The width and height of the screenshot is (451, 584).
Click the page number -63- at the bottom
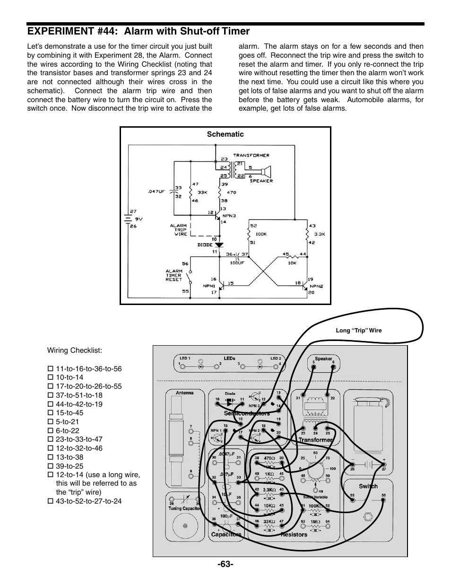[x=225, y=564]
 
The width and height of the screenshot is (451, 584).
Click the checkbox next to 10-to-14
[x=50, y=377]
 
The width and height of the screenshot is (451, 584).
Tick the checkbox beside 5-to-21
[x=50, y=422]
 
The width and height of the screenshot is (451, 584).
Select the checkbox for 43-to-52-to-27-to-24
[x=50, y=501]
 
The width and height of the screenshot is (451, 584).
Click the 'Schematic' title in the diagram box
[x=225, y=134]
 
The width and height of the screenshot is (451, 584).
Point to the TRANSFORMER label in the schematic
[x=251, y=155]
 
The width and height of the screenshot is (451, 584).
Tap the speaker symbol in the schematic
[x=266, y=170]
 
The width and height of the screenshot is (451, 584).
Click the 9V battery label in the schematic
[x=139, y=219]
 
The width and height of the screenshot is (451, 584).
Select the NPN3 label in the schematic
[x=229, y=215]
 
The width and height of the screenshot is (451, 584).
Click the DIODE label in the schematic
[x=205, y=245]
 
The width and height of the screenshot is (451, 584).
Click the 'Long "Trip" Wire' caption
[x=358, y=331]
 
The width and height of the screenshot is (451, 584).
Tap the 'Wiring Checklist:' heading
[x=75, y=350]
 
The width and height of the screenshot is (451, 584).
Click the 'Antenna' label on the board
[x=184, y=393]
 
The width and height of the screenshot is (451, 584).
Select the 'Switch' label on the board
[x=368, y=486]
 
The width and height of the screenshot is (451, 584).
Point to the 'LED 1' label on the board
[x=184, y=358]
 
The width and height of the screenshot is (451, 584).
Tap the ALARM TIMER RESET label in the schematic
[x=173, y=276]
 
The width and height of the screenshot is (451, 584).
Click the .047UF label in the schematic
[x=156, y=192]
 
